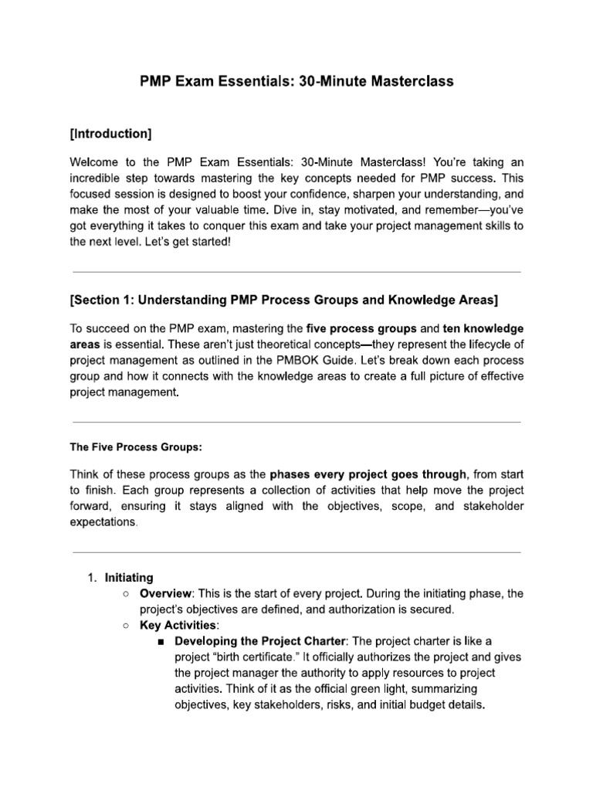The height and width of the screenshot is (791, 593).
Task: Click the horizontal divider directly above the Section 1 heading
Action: pyautogui.click(x=296, y=272)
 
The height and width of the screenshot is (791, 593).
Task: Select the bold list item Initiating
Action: pyautogui.click(x=129, y=578)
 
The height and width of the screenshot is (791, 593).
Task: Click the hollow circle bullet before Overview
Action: pyautogui.click(x=126, y=594)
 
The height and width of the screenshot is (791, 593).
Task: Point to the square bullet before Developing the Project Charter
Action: pyautogui.click(x=161, y=642)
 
